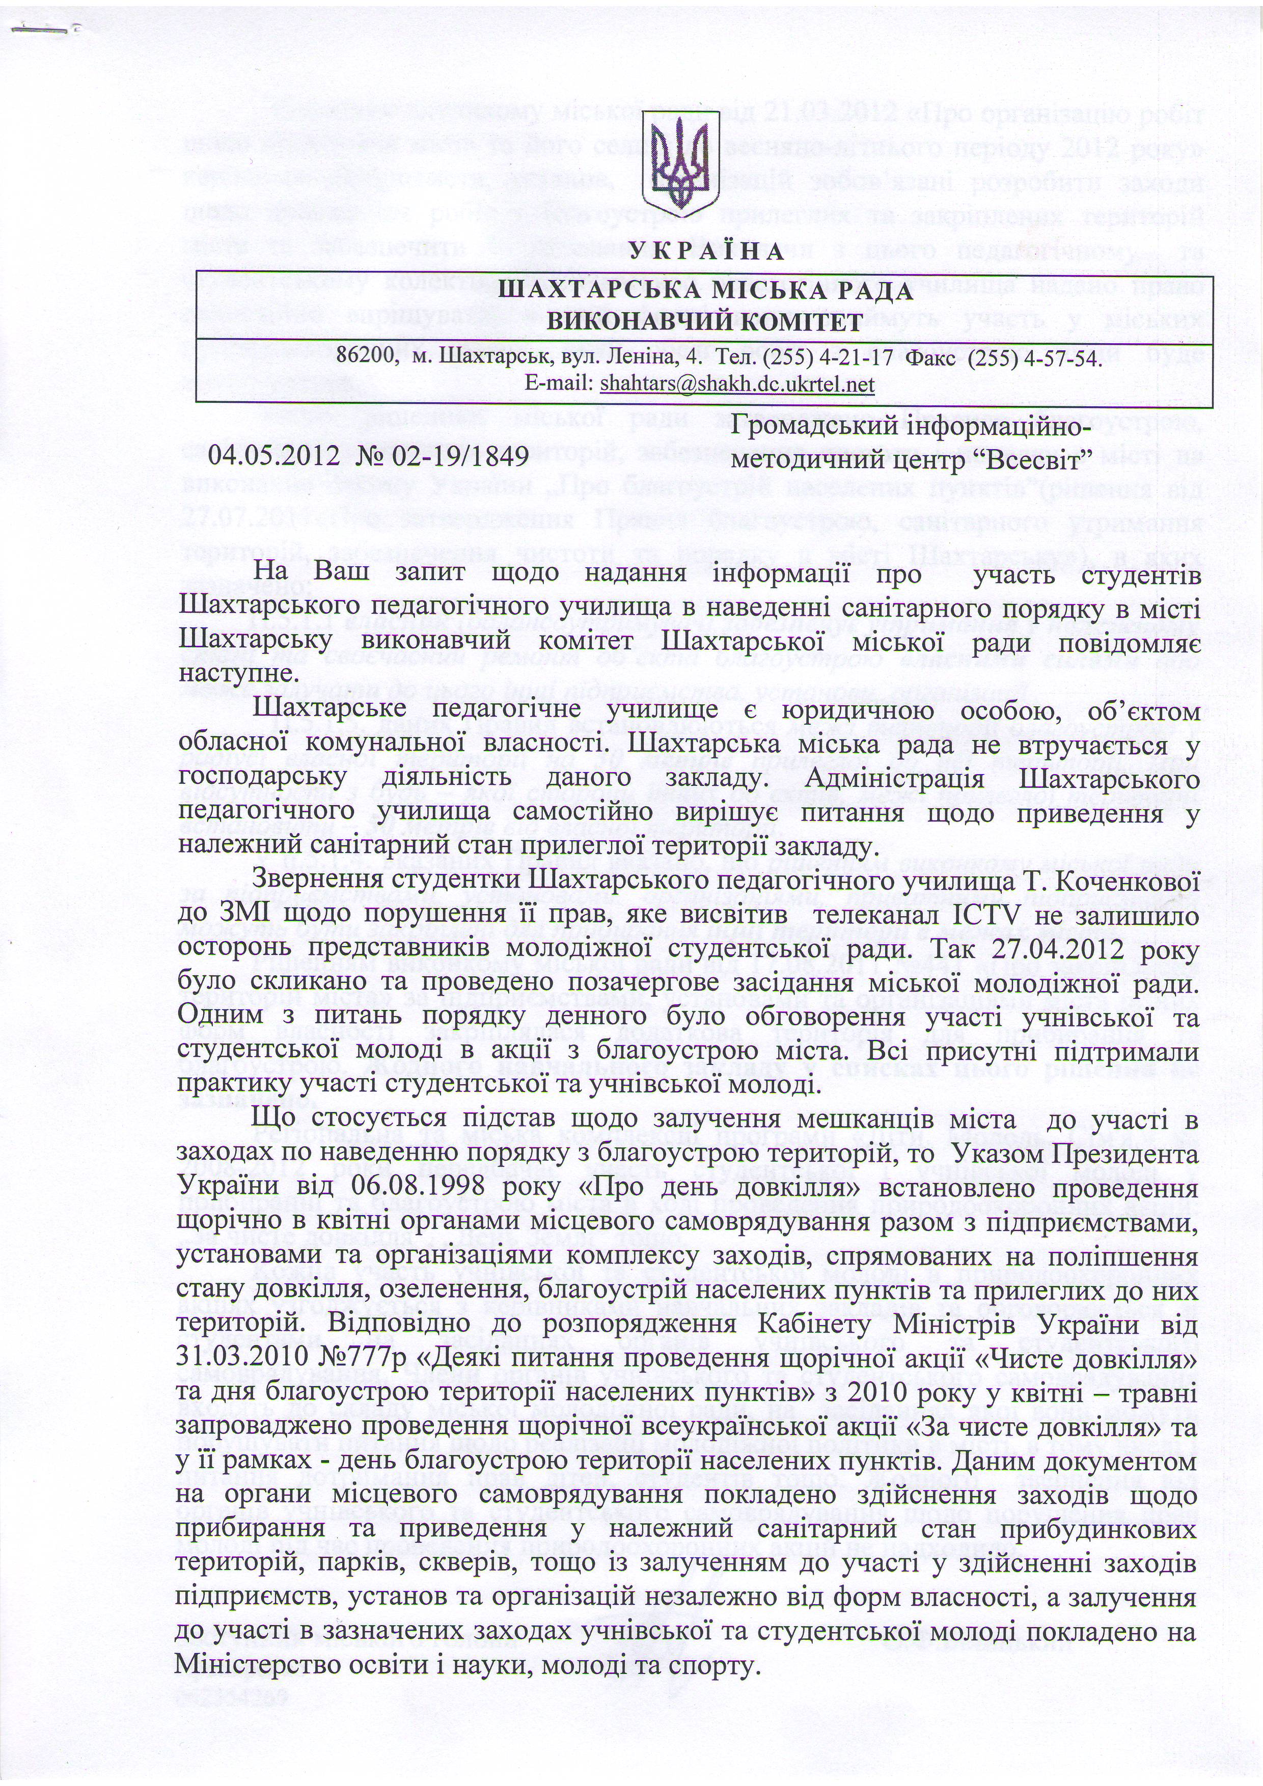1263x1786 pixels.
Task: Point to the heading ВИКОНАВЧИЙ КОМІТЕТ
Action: (705, 322)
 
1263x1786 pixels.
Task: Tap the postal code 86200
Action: (368, 359)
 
